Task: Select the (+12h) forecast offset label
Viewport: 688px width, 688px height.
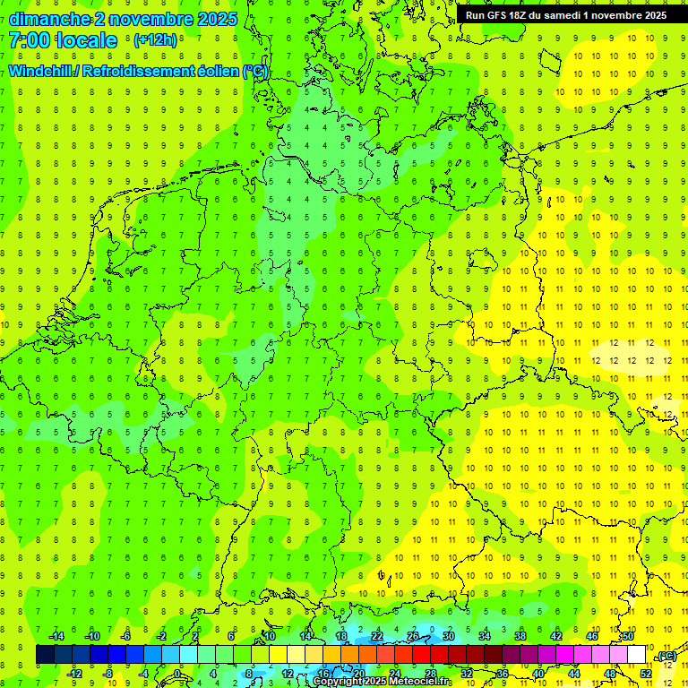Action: click(155, 40)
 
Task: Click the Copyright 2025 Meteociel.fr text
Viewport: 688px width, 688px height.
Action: click(382, 681)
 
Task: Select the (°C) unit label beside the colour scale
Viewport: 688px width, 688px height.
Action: click(666, 657)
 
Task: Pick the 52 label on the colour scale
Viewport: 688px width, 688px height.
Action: click(646, 674)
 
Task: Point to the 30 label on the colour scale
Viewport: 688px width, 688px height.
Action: click(449, 636)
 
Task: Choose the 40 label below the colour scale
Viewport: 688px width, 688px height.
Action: click(538, 674)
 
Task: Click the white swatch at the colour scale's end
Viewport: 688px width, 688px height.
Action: click(636, 655)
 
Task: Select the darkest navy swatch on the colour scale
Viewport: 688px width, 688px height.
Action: click(45, 655)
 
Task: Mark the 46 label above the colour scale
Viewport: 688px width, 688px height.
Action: click(592, 636)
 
